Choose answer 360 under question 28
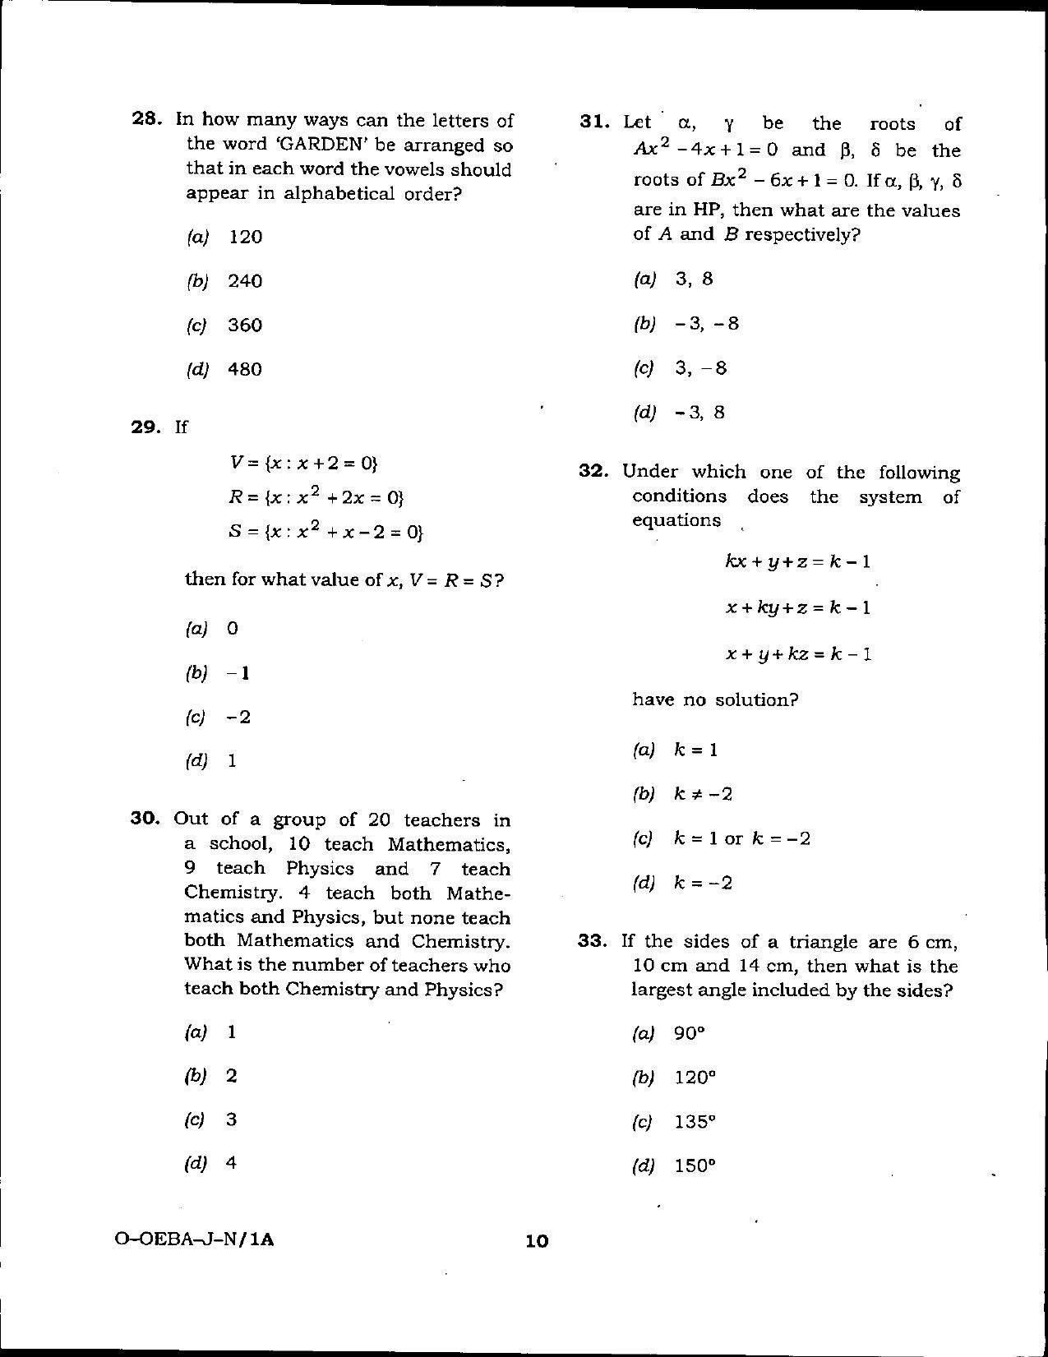tap(245, 325)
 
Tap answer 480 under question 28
tap(245, 370)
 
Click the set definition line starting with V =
tap(303, 463)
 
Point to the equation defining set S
tap(325, 532)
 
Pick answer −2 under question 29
tap(238, 717)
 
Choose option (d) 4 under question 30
tap(231, 1163)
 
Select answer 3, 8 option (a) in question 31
tap(694, 279)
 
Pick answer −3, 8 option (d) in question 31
tap(699, 413)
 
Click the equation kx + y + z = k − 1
tap(797, 562)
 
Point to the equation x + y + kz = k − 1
tap(797, 654)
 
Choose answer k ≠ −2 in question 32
tap(703, 794)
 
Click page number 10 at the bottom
tap(536, 1241)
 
